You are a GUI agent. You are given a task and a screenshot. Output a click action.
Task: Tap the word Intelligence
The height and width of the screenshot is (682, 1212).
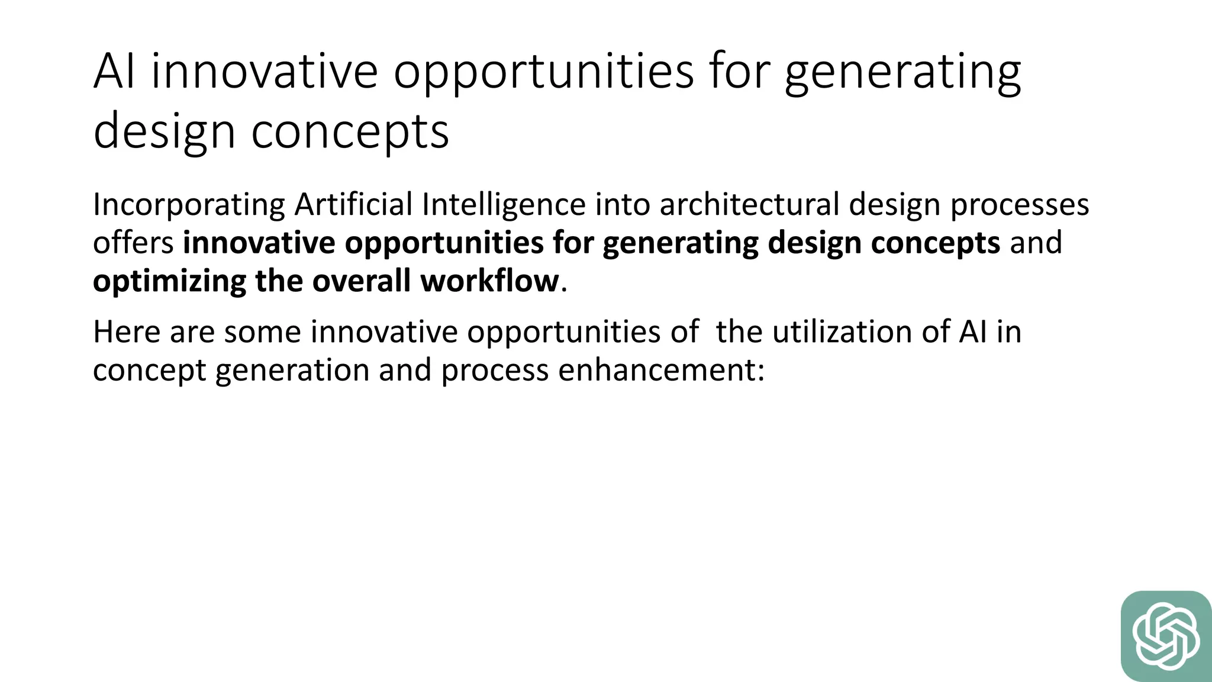click(504, 205)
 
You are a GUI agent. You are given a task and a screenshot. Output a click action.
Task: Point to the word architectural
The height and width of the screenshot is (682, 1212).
click(749, 205)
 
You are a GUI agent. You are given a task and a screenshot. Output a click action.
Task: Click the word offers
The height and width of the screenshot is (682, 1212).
click(133, 243)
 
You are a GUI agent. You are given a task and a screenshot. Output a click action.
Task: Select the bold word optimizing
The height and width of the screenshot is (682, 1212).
click(169, 281)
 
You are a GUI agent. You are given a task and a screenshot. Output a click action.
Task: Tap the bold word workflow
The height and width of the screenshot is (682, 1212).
click(489, 281)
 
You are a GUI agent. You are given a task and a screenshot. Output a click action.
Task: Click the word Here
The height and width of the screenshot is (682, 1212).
click(127, 332)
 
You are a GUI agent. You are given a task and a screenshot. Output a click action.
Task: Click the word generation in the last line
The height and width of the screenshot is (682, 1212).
click(292, 370)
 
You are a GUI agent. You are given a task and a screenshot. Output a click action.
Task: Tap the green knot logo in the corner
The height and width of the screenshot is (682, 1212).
click(1166, 636)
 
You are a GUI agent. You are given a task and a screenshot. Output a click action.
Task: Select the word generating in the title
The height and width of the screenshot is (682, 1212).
click(902, 72)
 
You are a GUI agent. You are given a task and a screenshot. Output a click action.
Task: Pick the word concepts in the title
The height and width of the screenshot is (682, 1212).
click(350, 131)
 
